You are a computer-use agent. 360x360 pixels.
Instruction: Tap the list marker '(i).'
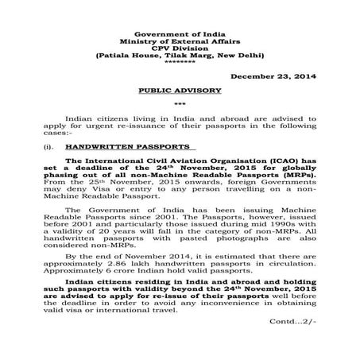(58, 147)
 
